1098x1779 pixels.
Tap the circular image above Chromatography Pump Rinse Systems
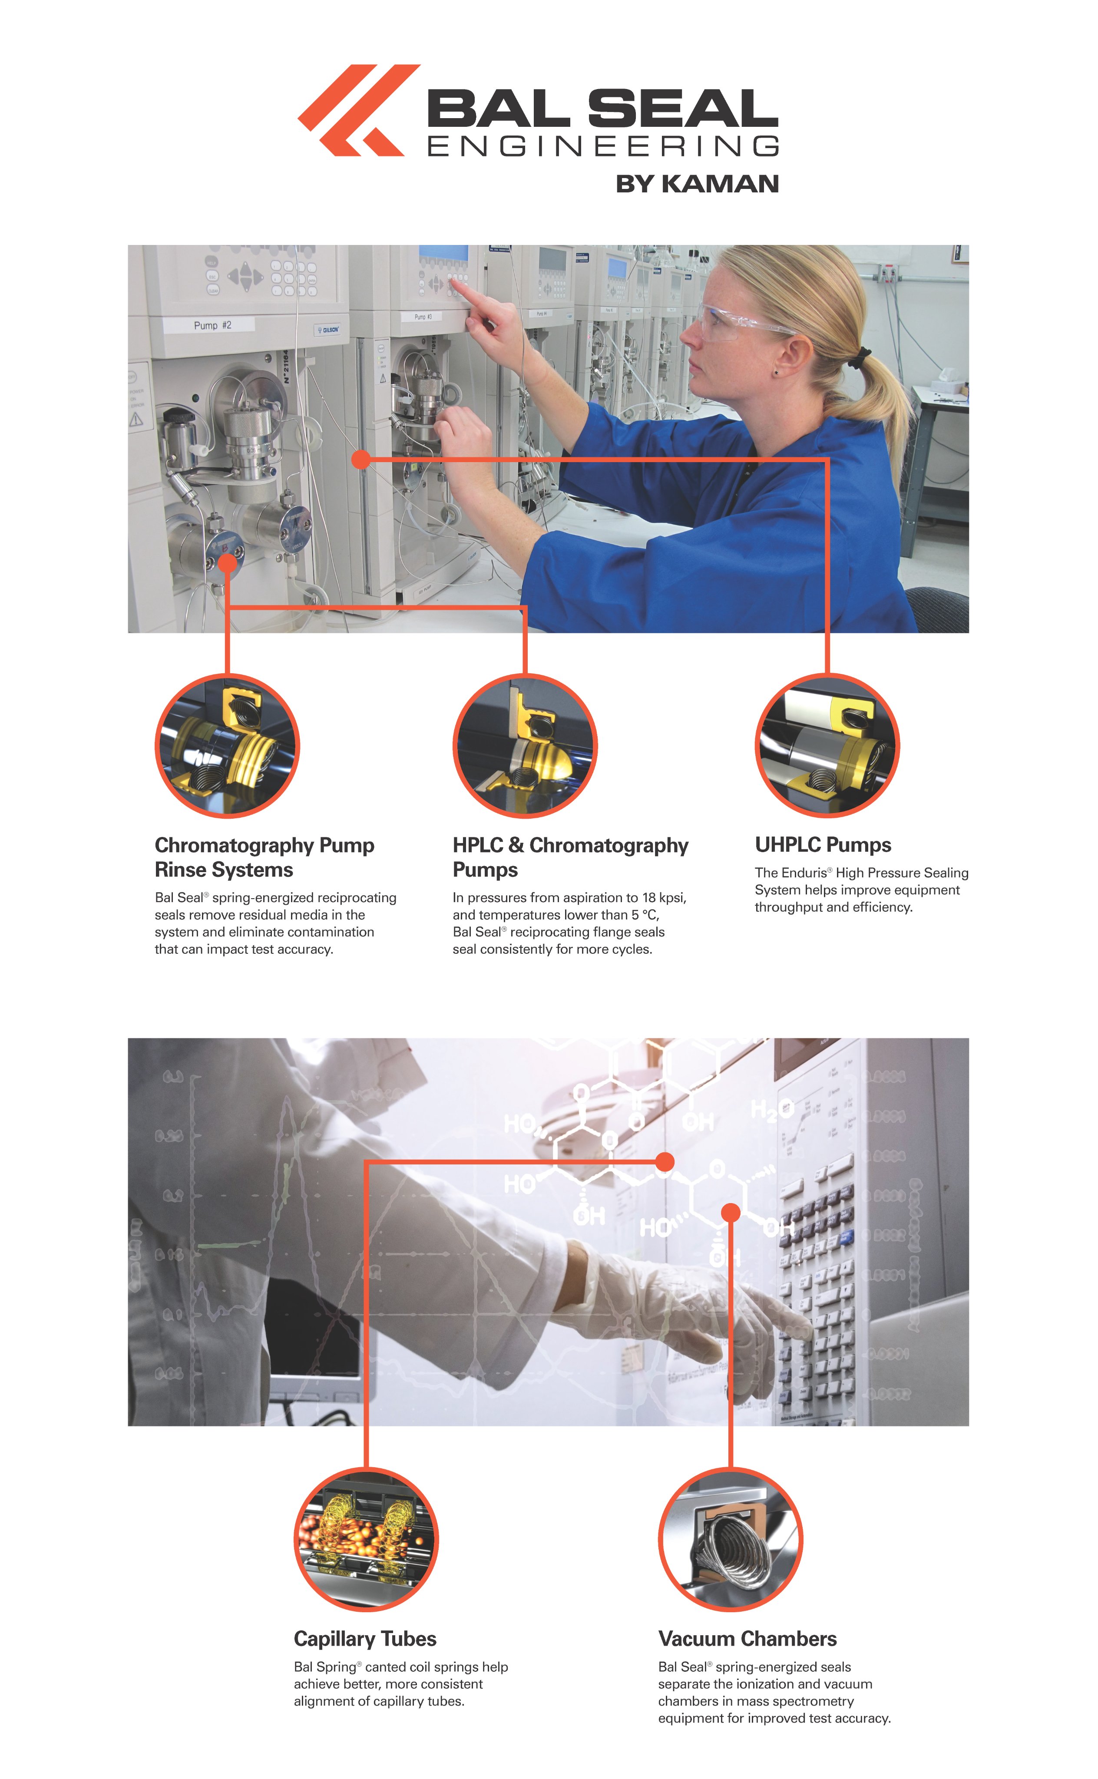(227, 746)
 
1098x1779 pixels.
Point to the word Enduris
(803, 873)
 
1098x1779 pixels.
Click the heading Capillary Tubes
(364, 1639)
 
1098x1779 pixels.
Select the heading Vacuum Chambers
(747, 1639)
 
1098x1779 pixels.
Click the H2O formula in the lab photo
(771, 1109)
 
